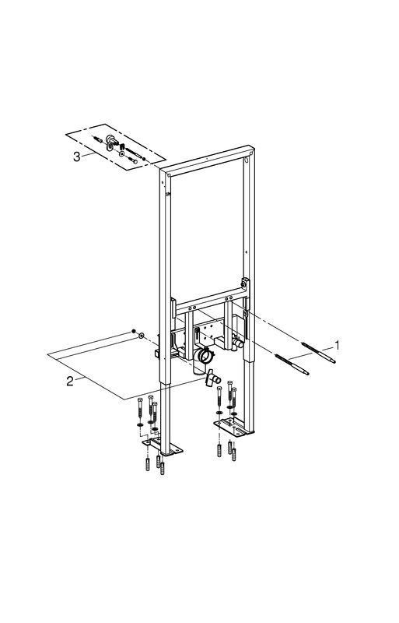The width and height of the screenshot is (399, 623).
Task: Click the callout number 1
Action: point(337,345)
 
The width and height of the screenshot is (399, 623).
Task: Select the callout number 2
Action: point(70,382)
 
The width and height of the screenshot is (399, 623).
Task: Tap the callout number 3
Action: point(77,157)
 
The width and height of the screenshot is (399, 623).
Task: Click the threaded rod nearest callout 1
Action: point(318,352)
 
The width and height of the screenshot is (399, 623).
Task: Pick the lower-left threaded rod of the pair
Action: point(292,364)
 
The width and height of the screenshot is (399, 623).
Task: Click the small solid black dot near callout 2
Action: point(135,332)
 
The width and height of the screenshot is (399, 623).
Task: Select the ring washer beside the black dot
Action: point(141,336)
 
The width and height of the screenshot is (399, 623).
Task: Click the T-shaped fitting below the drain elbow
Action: point(213,378)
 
